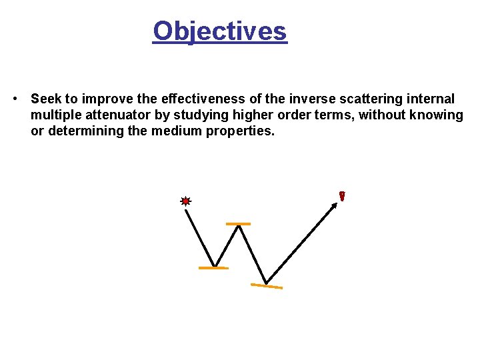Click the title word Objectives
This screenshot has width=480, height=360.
[x=219, y=31]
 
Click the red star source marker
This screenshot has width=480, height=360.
[x=186, y=201]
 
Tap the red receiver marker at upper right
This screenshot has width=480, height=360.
[x=342, y=196]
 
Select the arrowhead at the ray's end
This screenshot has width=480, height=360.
[x=335, y=206]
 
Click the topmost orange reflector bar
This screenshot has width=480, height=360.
[x=238, y=224]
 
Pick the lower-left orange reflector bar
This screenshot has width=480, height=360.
[x=213, y=268]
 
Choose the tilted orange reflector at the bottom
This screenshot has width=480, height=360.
[x=267, y=287]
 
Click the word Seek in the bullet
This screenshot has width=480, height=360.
[x=46, y=99]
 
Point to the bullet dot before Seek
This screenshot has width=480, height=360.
[x=15, y=99]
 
